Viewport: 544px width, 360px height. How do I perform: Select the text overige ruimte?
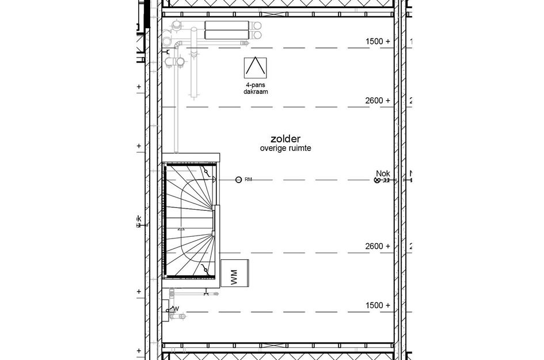(x=285, y=149)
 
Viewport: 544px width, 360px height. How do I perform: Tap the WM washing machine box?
(x=235, y=273)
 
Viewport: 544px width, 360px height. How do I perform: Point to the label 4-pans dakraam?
(x=255, y=88)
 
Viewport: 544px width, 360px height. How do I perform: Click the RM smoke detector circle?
(x=238, y=180)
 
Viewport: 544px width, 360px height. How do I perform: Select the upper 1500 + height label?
(x=378, y=41)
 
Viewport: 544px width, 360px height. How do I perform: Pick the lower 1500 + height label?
(x=378, y=305)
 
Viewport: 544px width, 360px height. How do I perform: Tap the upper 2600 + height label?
(x=378, y=101)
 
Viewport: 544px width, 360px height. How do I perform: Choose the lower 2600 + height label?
(x=378, y=247)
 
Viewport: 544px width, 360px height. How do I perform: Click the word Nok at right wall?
(x=383, y=173)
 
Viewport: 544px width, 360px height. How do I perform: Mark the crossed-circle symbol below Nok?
(x=378, y=180)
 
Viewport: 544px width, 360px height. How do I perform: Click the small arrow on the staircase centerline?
(x=182, y=229)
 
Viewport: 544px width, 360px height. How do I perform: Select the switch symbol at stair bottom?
(x=206, y=270)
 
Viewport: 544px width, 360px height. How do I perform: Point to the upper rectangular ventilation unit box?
(x=226, y=26)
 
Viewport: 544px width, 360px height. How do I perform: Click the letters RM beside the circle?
(x=249, y=180)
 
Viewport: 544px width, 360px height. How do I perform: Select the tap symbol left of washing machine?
(x=206, y=294)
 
